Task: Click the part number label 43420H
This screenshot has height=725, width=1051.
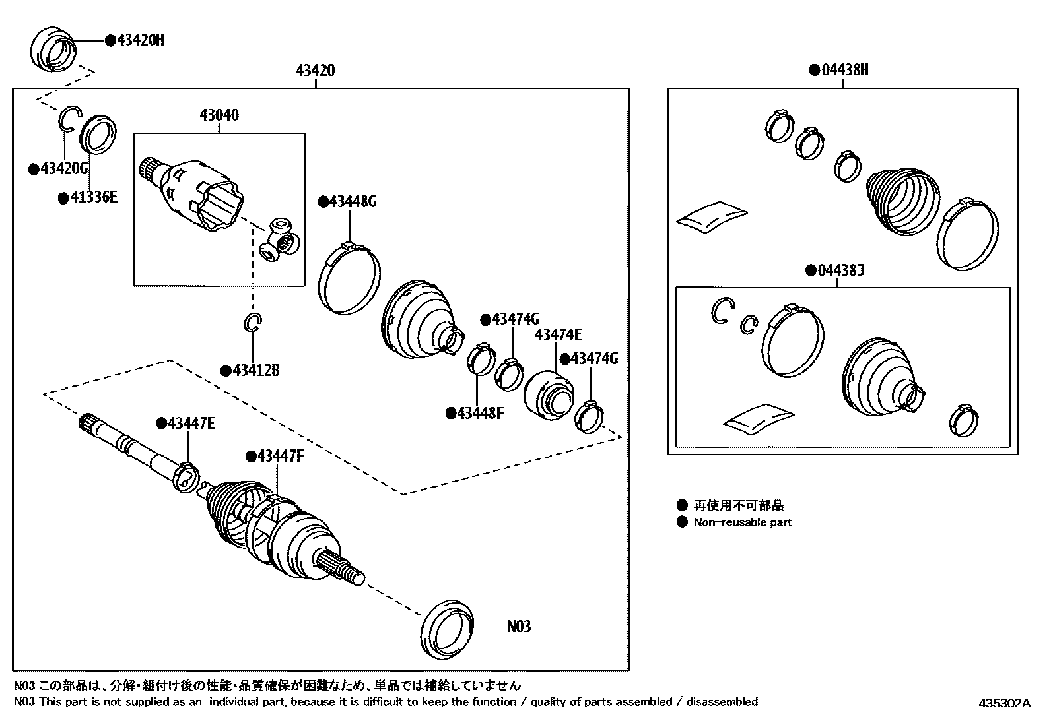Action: [x=140, y=40]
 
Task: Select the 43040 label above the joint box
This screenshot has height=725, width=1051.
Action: [x=219, y=115]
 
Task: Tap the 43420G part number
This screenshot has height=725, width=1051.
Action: [x=64, y=169]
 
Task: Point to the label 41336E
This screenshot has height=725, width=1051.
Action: [x=93, y=197]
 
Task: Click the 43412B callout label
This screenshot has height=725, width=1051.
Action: [x=255, y=371]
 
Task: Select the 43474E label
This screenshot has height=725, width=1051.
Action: [x=558, y=335]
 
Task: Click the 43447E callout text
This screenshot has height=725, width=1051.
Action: [x=191, y=424]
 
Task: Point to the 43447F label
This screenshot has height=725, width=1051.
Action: [x=281, y=456]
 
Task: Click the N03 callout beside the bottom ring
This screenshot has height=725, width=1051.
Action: [x=518, y=626]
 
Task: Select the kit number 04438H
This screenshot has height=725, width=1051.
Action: [x=844, y=69]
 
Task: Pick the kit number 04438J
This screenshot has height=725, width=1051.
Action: [x=840, y=270]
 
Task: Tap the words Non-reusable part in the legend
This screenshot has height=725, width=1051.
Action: [x=742, y=522]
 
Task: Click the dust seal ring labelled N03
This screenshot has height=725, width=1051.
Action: [x=447, y=629]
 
